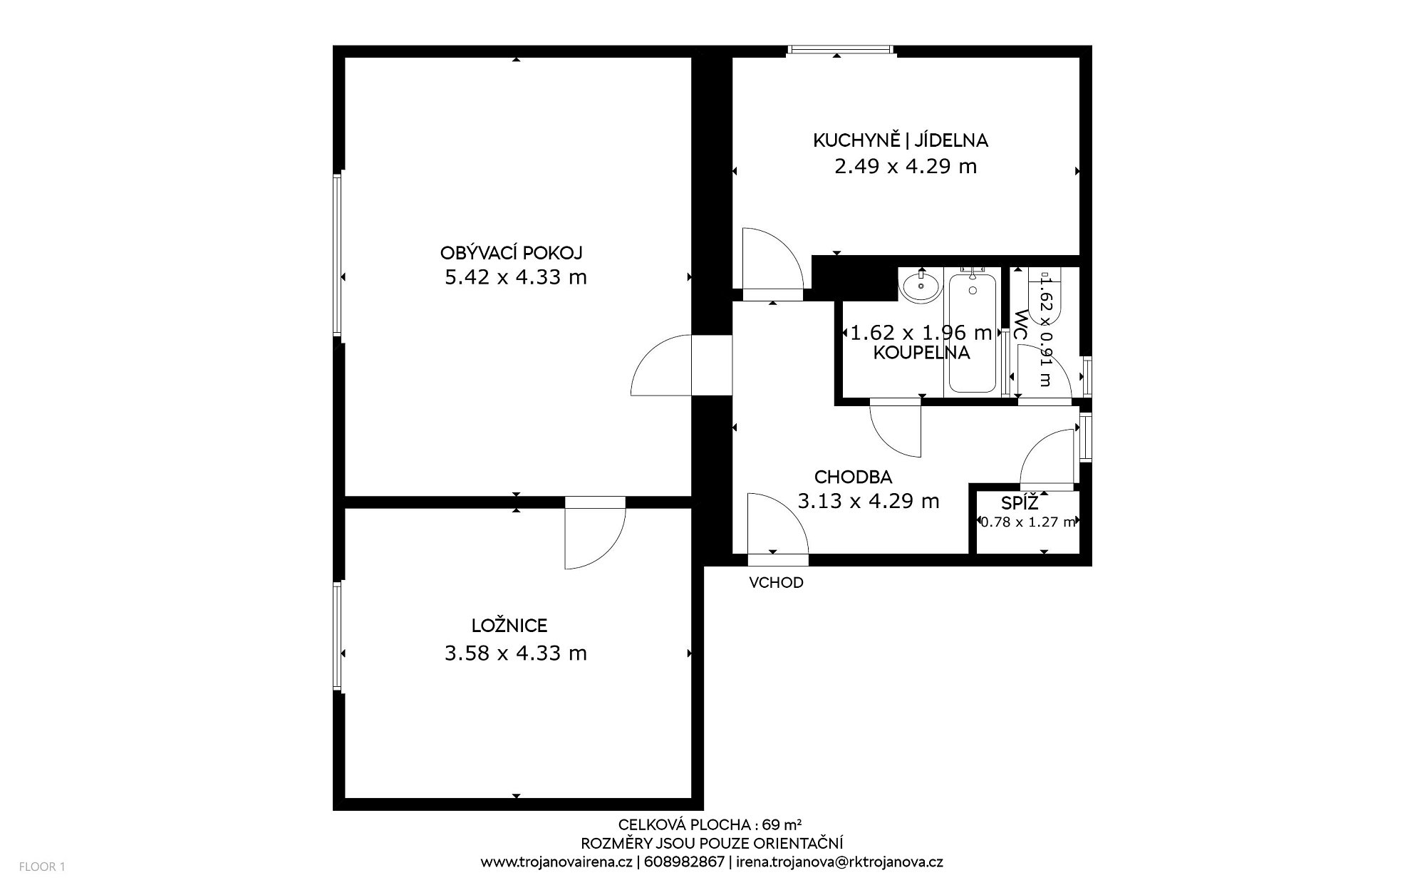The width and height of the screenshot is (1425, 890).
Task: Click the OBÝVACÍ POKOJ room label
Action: click(x=512, y=253)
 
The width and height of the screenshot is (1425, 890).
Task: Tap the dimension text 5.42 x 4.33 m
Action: click(x=516, y=277)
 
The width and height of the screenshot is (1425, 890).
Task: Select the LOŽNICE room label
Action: click(x=509, y=626)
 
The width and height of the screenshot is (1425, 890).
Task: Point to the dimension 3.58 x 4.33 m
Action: click(x=516, y=653)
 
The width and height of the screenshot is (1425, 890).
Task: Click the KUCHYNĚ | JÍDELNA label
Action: click(x=901, y=140)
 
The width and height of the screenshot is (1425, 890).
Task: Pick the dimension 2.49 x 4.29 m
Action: click(x=906, y=166)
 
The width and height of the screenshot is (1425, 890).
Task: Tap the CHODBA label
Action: click(x=854, y=477)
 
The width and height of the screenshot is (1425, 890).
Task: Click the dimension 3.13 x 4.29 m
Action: click(x=869, y=501)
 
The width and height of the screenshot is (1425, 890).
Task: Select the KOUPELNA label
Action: click(x=921, y=353)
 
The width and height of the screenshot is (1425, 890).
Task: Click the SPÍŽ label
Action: click(x=1020, y=502)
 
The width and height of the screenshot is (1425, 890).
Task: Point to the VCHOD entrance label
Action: click(x=776, y=583)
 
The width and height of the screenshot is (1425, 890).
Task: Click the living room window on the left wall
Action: click(x=338, y=254)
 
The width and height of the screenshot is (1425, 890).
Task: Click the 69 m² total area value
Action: click(x=781, y=825)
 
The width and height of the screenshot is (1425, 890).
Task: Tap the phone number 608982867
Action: click(x=683, y=861)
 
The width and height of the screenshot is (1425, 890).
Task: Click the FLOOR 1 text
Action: click(x=42, y=867)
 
